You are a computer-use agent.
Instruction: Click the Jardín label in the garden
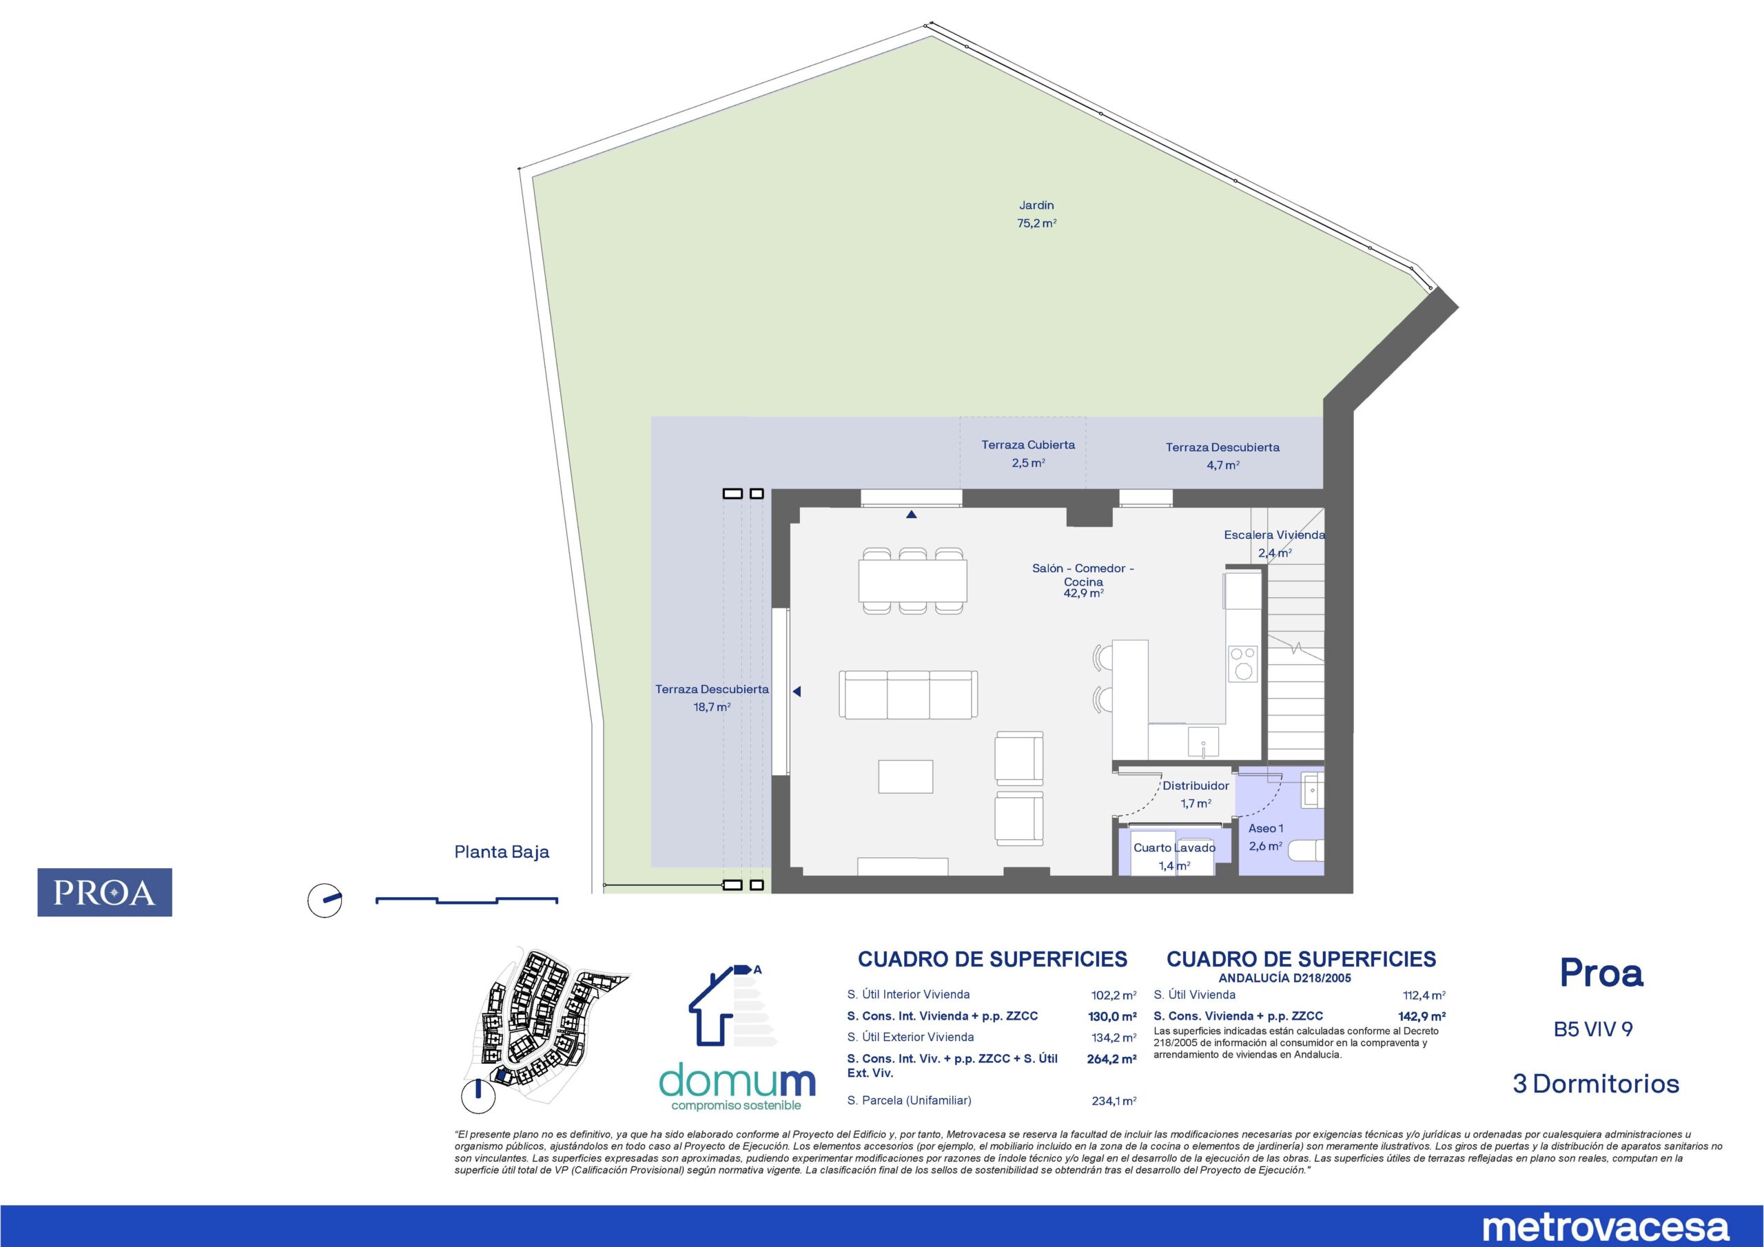pyautogui.click(x=1036, y=205)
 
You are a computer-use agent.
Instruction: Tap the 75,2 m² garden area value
pyautogui.click(x=1036, y=224)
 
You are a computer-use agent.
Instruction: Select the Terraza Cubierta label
pyautogui.click(x=1028, y=445)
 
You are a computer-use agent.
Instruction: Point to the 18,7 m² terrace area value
pyautogui.click(x=711, y=707)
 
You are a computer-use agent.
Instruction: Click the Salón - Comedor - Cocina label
pyautogui.click(x=1083, y=575)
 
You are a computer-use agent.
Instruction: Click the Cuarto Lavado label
pyautogui.click(x=1175, y=847)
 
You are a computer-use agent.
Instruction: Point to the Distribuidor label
pyautogui.click(x=1196, y=786)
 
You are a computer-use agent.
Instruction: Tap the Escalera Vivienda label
pyautogui.click(x=1275, y=535)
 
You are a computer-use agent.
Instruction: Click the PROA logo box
pyautogui.click(x=105, y=892)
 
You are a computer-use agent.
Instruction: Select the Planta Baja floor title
pyautogui.click(x=502, y=852)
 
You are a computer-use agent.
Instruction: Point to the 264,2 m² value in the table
pyautogui.click(x=1111, y=1059)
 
